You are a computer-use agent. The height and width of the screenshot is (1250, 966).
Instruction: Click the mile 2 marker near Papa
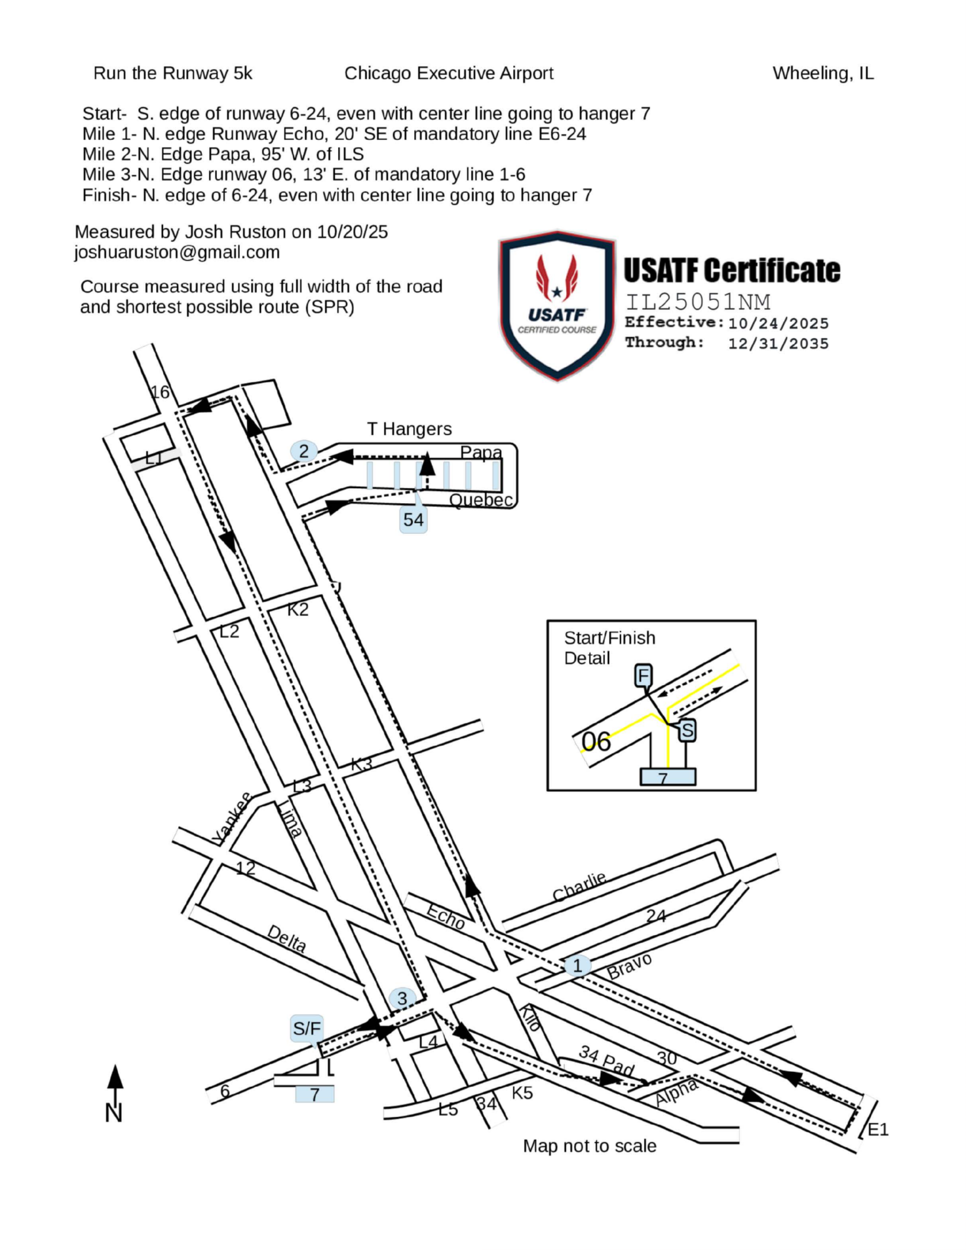click(x=304, y=451)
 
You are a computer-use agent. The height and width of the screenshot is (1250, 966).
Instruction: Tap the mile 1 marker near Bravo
click(x=577, y=966)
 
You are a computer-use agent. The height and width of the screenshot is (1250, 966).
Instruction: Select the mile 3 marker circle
click(x=402, y=998)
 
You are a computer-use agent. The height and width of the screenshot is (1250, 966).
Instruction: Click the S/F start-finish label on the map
click(x=307, y=1028)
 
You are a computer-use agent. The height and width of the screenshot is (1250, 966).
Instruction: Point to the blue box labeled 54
click(x=413, y=520)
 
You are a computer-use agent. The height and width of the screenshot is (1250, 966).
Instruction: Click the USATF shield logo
click(x=557, y=305)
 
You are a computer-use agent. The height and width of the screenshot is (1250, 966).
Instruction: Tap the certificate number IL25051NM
click(x=698, y=302)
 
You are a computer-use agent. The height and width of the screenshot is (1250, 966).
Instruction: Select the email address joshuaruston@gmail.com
click(x=177, y=252)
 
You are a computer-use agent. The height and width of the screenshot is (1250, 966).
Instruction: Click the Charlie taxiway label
click(x=579, y=887)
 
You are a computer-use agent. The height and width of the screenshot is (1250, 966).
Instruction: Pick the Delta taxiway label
click(x=287, y=939)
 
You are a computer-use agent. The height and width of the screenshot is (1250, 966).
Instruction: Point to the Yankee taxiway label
click(x=231, y=817)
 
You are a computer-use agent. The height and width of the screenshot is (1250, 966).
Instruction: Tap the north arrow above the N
click(x=115, y=1077)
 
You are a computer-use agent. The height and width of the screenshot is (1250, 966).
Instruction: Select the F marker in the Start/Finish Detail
click(x=643, y=676)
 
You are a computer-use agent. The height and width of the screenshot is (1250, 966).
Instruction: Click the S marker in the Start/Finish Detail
click(x=687, y=729)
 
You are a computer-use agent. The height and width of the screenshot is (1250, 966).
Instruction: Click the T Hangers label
click(x=409, y=429)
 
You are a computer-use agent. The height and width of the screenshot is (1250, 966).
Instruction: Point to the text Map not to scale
click(x=589, y=1146)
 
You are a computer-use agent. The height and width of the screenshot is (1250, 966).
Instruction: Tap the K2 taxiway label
click(x=298, y=609)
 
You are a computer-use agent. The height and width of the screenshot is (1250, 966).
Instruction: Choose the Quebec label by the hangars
click(x=481, y=499)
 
